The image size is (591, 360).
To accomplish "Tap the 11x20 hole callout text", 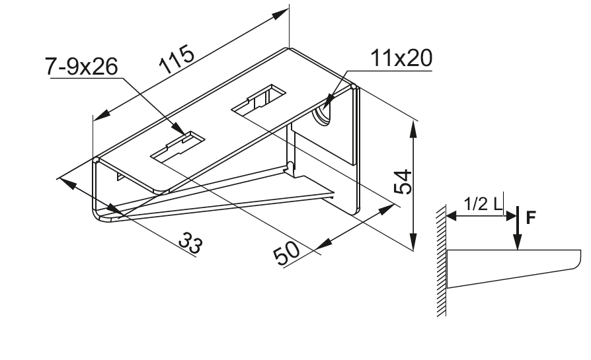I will pyautogui.click(x=401, y=59).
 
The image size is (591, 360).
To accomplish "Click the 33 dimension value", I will pyautogui.click(x=192, y=244).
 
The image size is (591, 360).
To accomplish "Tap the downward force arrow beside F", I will pyautogui.click(x=518, y=231).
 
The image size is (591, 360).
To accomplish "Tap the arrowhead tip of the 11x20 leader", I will pyautogui.click(x=323, y=109).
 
